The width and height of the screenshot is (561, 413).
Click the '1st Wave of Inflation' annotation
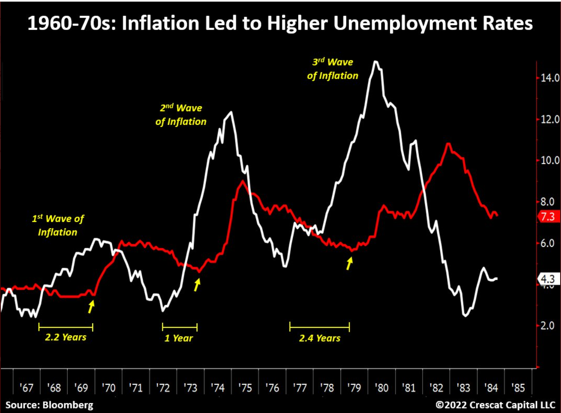pyautogui.click(x=58, y=225)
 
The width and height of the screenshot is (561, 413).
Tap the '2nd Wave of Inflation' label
pyautogui.click(x=181, y=115)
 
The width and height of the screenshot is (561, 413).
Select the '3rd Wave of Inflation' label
pyautogui.click(x=332, y=69)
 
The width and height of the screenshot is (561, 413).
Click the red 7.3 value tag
pyautogui.click(x=547, y=216)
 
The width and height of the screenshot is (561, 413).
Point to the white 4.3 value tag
pyautogui.click(x=547, y=279)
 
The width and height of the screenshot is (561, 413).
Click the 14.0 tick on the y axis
pyautogui.click(x=550, y=78)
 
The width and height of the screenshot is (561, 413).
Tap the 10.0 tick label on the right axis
pyautogui.click(x=550, y=160)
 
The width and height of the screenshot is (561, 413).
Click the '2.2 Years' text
pyautogui.click(x=65, y=337)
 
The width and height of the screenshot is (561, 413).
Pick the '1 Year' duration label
pyautogui.click(x=179, y=338)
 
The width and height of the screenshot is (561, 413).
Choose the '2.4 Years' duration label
pyautogui.click(x=320, y=338)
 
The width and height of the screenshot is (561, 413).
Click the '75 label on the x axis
pyautogui.click(x=245, y=388)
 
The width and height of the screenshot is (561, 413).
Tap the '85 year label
pyautogui.click(x=518, y=388)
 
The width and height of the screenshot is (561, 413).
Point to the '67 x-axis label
pyautogui.click(x=26, y=388)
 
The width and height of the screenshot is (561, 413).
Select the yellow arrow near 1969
pyautogui.click(x=91, y=306)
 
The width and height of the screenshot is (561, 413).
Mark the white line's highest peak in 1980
pyautogui.click(x=375, y=62)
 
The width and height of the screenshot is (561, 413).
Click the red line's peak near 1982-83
pyautogui.click(x=448, y=144)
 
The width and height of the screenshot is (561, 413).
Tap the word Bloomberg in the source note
pyautogui.click(x=68, y=404)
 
